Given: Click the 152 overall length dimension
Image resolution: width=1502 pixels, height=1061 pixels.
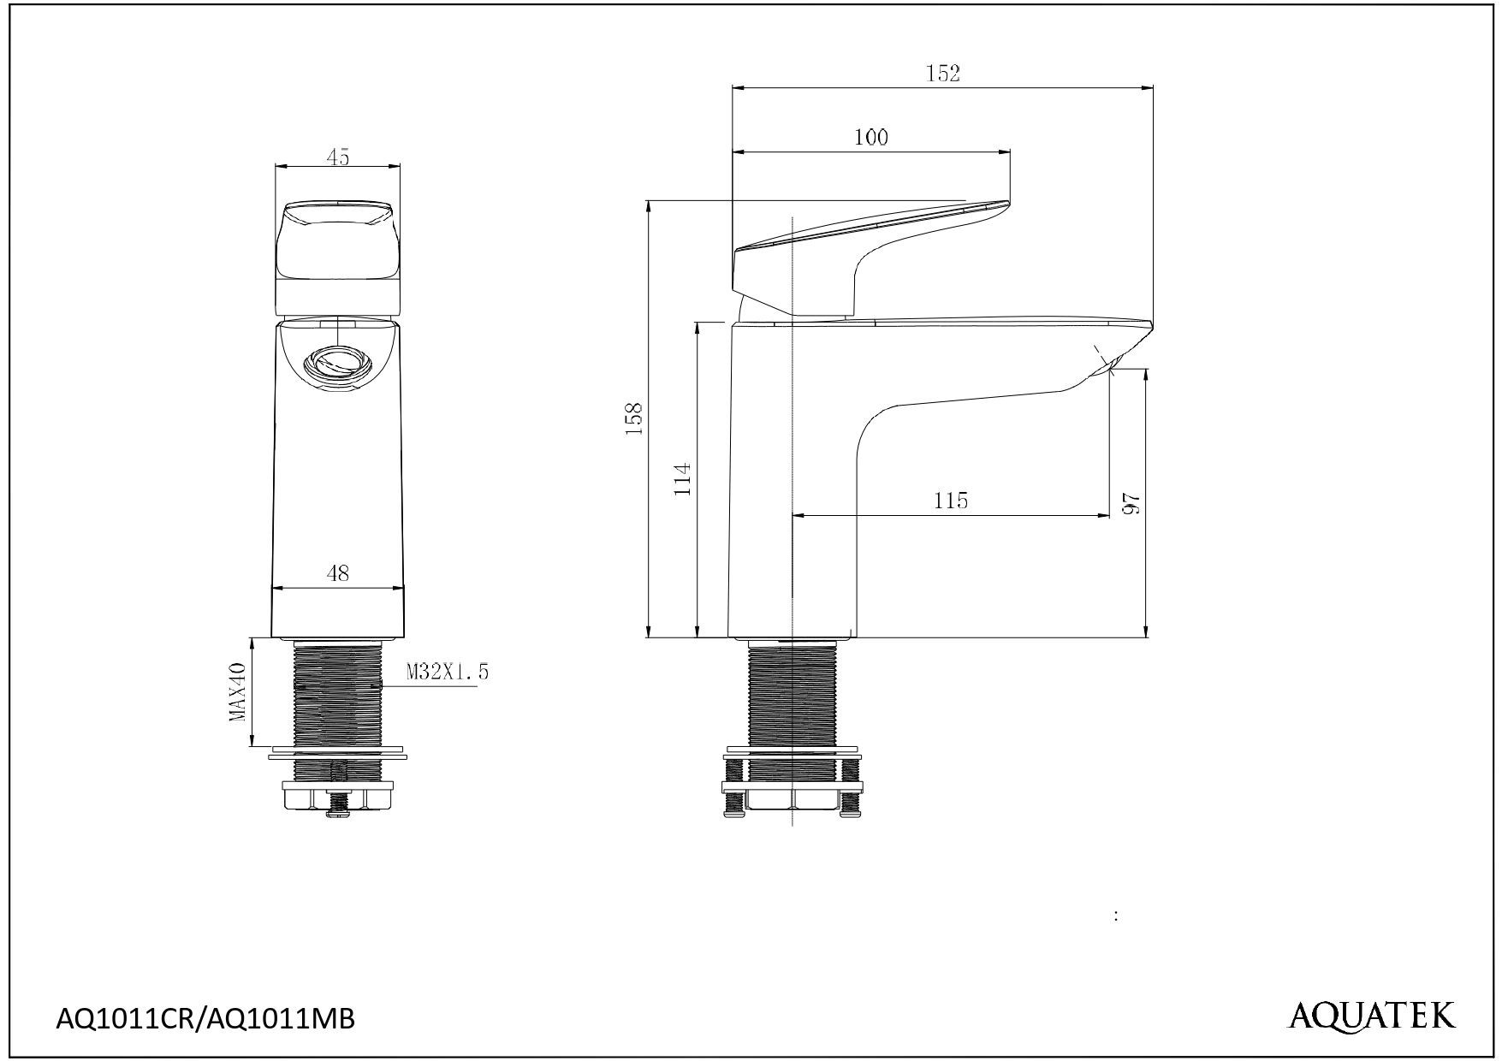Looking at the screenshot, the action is tap(943, 74).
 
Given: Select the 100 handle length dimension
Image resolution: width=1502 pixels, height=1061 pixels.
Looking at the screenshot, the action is tap(870, 137).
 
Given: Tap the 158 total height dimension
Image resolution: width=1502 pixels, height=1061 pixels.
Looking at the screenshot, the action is tap(634, 419).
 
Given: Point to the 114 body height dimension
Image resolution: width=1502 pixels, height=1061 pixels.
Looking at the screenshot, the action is tap(682, 480).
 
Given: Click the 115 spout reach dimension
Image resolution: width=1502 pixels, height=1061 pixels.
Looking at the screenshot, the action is tap(951, 501).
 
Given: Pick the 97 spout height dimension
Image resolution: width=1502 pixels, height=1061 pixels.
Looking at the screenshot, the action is tap(1132, 503).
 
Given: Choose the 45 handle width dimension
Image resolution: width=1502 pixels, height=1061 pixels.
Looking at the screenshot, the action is tap(338, 157).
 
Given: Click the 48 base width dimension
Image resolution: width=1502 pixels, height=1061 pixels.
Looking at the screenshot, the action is tap(338, 573).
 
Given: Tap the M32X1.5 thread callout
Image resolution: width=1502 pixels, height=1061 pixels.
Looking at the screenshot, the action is tap(447, 673).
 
